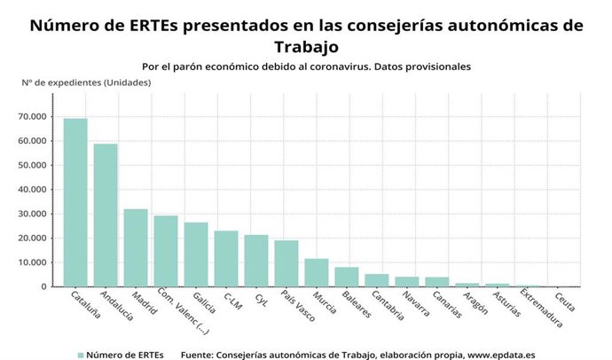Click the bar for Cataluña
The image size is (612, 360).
pos(75,203)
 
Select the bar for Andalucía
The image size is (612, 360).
pos(106,215)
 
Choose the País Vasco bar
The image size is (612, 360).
pos(286,263)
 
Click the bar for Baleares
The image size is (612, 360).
pos(347,277)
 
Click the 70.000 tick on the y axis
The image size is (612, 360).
pos(34,116)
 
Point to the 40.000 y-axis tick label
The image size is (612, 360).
pos(34,190)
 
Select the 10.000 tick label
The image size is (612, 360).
pos(34,262)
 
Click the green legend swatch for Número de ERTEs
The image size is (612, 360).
pos(82,354)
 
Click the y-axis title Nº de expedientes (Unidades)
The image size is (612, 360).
pos(86,82)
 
